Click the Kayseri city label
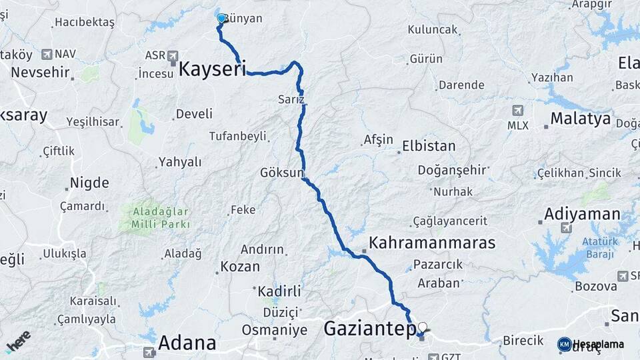coord(213,68)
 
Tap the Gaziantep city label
coord(369,328)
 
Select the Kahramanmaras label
coord(432,242)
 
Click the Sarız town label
coord(291,99)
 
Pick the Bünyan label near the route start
coord(243,19)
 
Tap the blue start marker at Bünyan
coord(221,19)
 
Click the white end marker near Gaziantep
coord(421,327)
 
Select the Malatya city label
coord(580,119)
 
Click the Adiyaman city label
coord(582,215)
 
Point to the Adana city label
coord(187,343)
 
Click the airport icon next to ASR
coord(173,55)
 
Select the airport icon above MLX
coord(517,110)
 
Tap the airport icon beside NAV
coord(47,54)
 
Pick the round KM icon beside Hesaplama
coord(564,344)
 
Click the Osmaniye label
coord(273,329)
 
